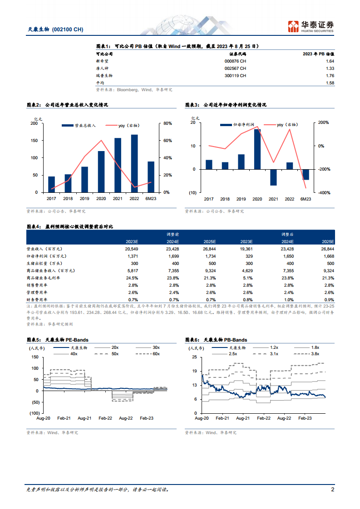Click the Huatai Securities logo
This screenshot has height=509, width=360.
point(311,26)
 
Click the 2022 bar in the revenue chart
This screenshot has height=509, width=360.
point(134,163)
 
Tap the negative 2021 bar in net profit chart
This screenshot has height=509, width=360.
point(273,177)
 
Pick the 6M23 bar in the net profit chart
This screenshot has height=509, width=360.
point(306,174)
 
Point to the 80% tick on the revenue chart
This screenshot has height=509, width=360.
point(167,123)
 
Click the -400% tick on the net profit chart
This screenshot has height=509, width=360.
point(324,193)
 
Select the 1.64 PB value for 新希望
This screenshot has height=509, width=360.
point(330,61)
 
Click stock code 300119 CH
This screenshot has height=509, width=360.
point(235,76)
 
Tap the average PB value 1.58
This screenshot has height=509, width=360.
point(330,83)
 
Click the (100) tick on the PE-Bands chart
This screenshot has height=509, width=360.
point(34,413)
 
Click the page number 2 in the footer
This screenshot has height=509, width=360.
point(332,490)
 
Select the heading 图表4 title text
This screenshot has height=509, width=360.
point(70,226)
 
